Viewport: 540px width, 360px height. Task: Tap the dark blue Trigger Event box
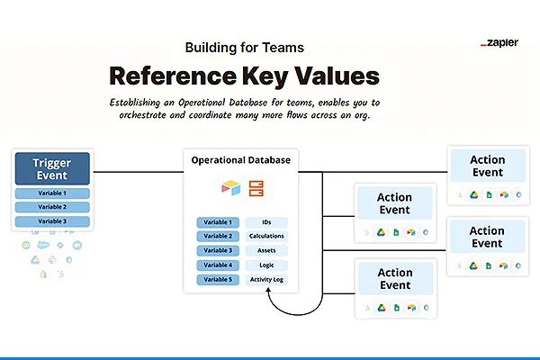coord(52,168)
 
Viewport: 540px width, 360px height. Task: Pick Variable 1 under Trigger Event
coord(52,193)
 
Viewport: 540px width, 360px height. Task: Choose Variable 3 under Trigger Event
coord(52,220)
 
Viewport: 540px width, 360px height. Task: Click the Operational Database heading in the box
coord(241,160)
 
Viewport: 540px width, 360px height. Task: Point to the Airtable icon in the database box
coord(231,188)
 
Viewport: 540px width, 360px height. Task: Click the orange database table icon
coord(256,188)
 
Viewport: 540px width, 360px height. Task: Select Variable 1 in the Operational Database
coord(218,221)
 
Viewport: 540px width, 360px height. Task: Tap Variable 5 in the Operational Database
coord(218,280)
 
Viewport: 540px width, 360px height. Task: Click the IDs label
coord(267,221)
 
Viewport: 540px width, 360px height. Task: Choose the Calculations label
coord(267,236)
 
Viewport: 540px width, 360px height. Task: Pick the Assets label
coord(267,250)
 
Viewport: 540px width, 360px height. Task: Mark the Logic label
coord(267,265)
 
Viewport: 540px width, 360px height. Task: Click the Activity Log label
coord(267,280)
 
